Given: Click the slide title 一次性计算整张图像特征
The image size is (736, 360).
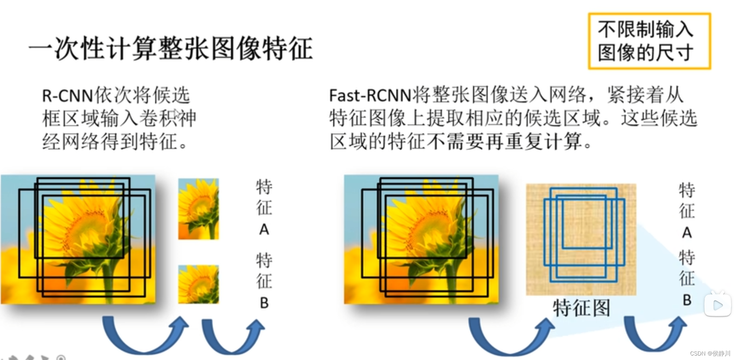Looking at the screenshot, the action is [x=170, y=49].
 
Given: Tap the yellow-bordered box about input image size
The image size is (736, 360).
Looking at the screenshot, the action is [x=649, y=41].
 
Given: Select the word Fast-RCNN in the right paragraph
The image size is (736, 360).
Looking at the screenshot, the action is [x=370, y=96].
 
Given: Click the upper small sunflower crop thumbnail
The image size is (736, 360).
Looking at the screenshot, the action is [x=199, y=209].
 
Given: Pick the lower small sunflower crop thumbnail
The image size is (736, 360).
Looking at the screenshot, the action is [x=199, y=284].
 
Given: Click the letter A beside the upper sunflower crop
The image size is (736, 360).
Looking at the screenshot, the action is [x=264, y=230].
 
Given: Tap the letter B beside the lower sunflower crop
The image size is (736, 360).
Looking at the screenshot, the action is [x=264, y=303].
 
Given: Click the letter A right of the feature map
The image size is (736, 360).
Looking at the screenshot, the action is [x=687, y=233].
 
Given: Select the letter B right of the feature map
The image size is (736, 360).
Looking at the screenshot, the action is [x=687, y=300].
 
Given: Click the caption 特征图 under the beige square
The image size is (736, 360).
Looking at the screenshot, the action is [x=582, y=308].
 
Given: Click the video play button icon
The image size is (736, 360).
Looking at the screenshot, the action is [x=717, y=305].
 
